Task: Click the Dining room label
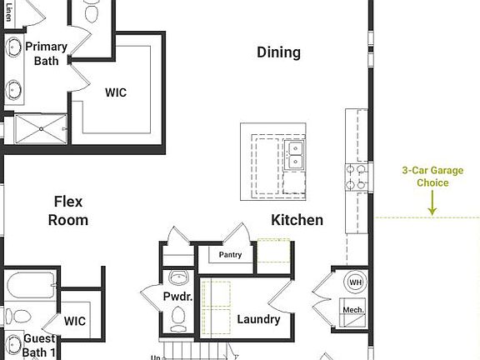278,52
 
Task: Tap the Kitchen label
297,220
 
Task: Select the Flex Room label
68,211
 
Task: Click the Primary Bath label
46,53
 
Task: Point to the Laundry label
258,319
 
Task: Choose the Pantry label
230,255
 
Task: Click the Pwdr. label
178,297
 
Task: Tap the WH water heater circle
356,282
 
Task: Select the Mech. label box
354,310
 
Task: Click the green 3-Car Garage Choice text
426,176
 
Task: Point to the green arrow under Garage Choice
432,204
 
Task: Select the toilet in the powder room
177,315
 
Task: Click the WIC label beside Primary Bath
116,92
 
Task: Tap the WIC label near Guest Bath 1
75,321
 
